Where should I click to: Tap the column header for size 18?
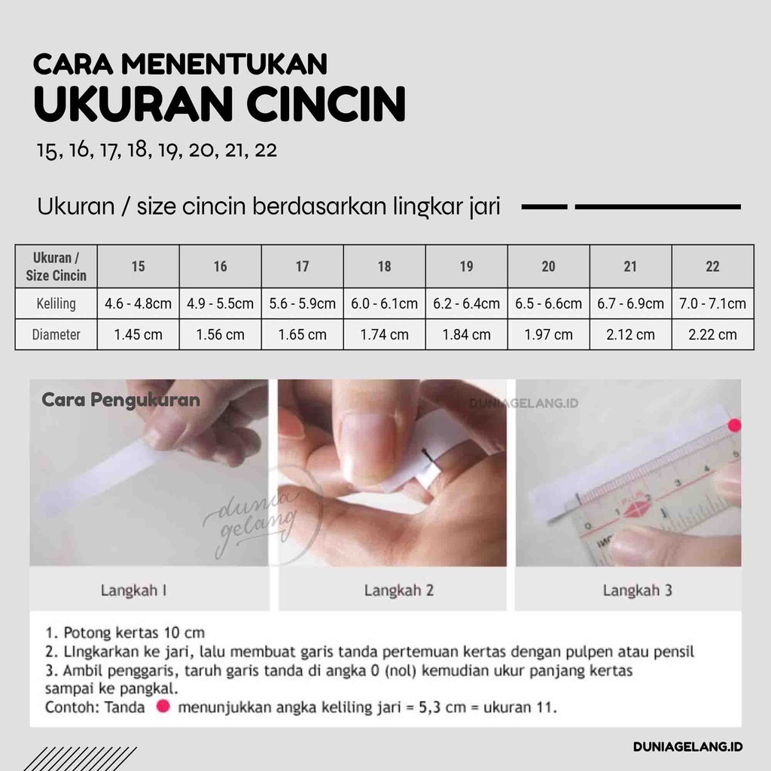pyautogui.click(x=384, y=266)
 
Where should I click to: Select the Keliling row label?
pyautogui.click(x=56, y=304)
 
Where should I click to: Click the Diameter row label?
pyautogui.click(x=56, y=334)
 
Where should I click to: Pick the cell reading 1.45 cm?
pyautogui.click(x=138, y=334)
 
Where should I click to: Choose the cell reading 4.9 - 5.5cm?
pyautogui.click(x=220, y=304)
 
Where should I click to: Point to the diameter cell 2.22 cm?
pyautogui.click(x=712, y=334)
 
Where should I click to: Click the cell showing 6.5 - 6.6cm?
pyautogui.click(x=548, y=304)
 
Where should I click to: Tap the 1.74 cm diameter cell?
pyautogui.click(x=384, y=334)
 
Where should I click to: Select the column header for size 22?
pyautogui.click(x=712, y=266)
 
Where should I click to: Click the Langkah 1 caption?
pyautogui.click(x=133, y=590)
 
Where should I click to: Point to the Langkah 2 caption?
pyautogui.click(x=399, y=590)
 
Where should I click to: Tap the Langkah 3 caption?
pyautogui.click(x=637, y=590)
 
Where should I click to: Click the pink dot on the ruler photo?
pyautogui.click(x=735, y=425)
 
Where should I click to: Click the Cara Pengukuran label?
pyautogui.click(x=120, y=400)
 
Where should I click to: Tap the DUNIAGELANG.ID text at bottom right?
pyautogui.click(x=687, y=747)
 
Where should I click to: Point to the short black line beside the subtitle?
pyautogui.click(x=544, y=206)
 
